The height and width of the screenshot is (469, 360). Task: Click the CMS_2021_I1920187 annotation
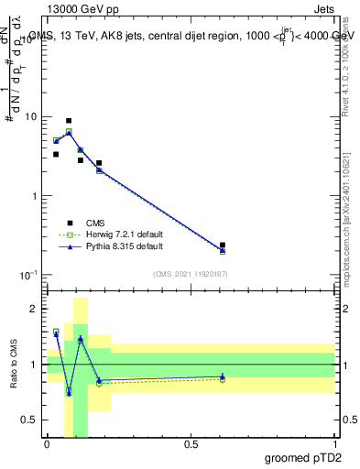(191, 273)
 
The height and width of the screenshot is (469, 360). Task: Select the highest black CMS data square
(69, 121)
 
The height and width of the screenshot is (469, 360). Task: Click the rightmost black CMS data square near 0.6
(223, 245)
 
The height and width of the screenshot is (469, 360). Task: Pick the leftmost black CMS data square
(56, 155)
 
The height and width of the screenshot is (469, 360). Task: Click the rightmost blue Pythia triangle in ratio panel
(223, 376)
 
